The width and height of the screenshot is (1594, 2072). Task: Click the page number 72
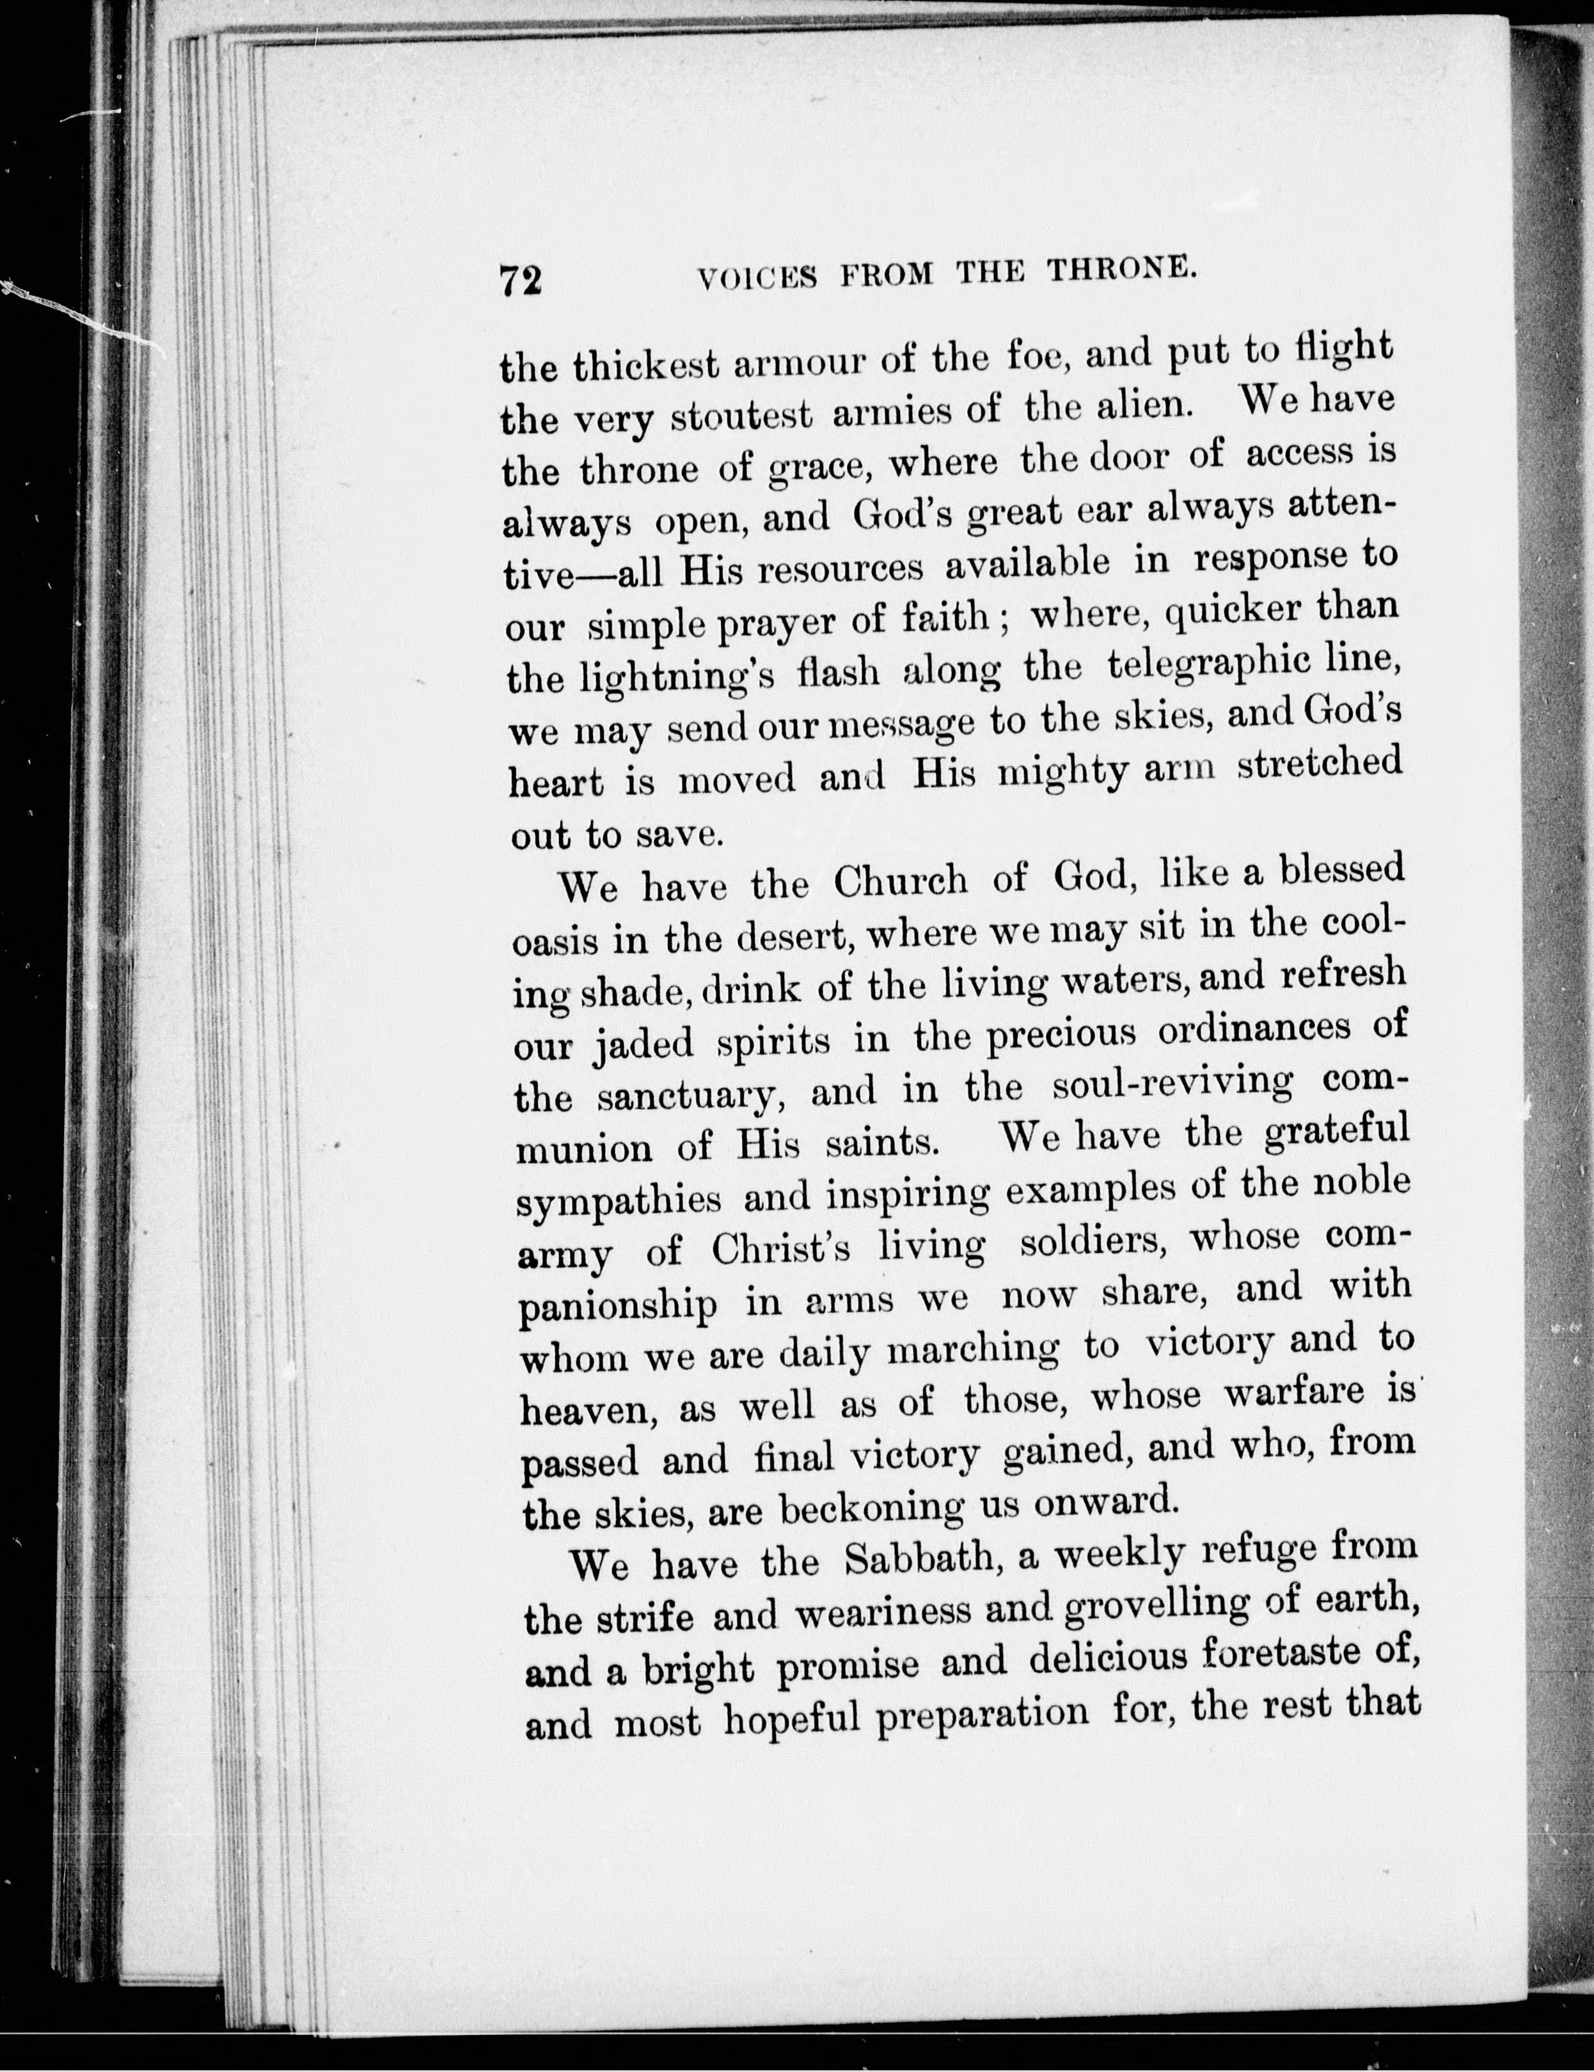point(520,282)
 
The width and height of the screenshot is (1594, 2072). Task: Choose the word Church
point(901,881)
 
